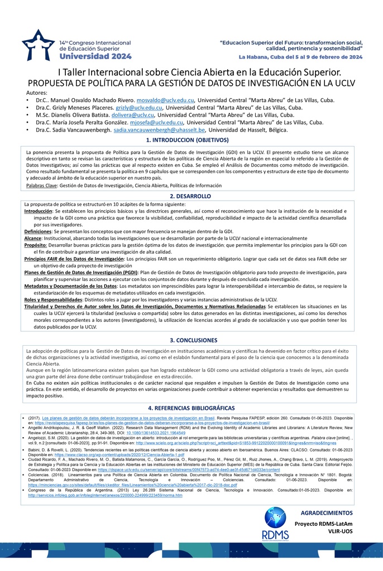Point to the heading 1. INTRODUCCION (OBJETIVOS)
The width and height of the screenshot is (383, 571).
click(191, 140)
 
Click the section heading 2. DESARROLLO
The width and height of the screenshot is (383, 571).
click(191, 196)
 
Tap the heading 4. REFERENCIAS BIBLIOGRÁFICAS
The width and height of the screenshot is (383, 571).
click(191, 409)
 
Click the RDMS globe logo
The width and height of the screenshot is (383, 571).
click(275, 523)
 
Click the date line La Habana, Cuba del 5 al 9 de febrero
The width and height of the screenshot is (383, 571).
click(300, 57)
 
